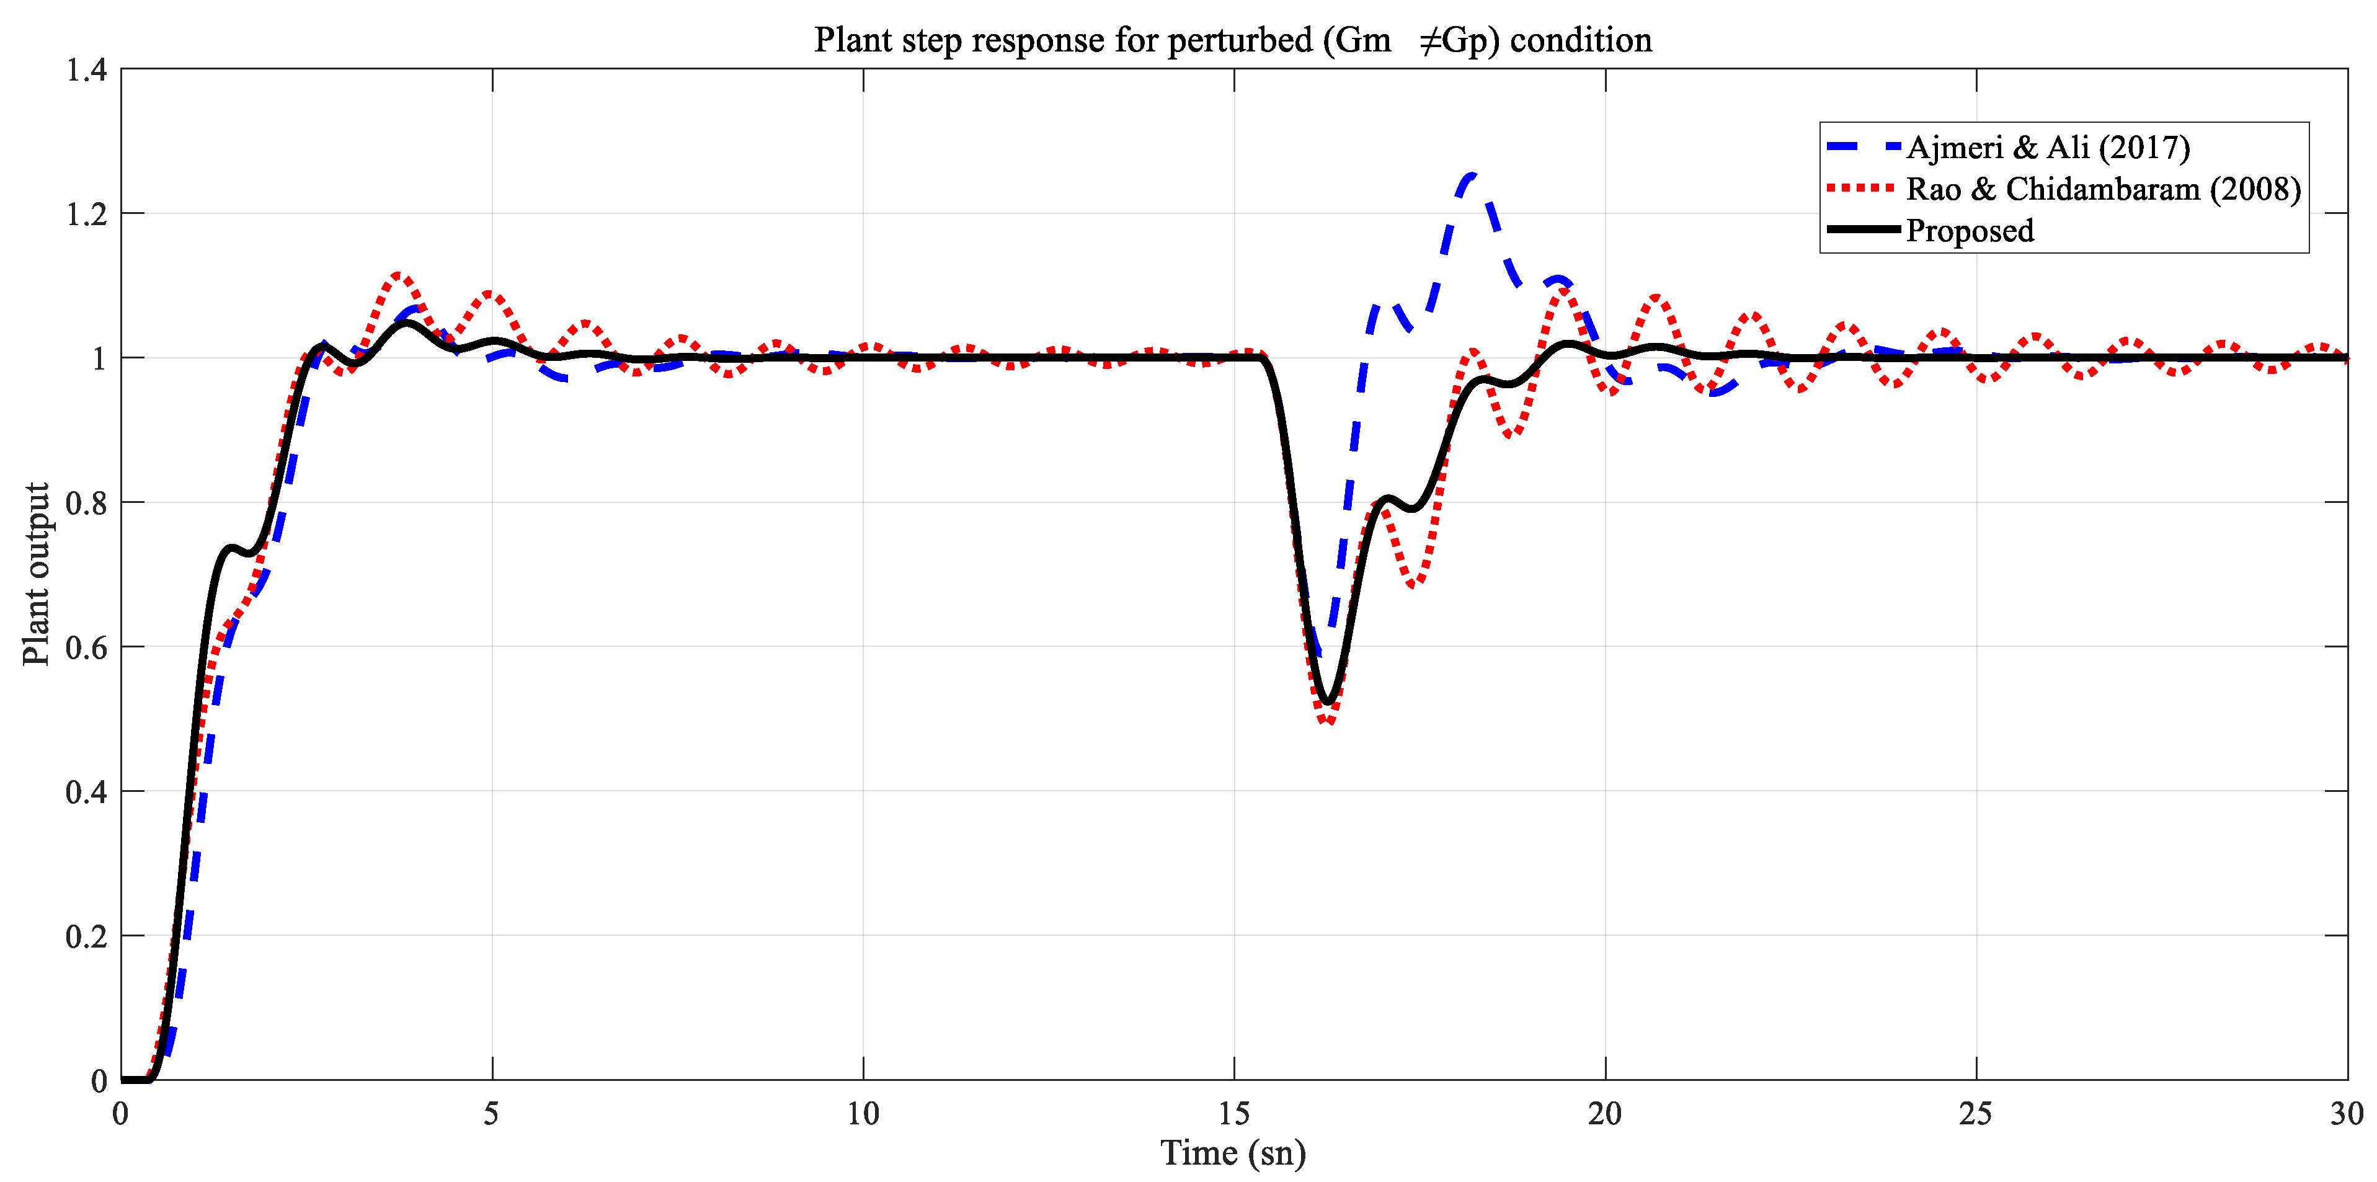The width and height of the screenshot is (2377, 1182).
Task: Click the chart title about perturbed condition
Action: [x=1233, y=40]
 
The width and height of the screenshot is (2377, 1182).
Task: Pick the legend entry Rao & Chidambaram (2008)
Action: [x=2103, y=189]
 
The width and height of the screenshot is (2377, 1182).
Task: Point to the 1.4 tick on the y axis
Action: [x=87, y=70]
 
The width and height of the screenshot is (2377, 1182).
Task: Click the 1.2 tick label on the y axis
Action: [x=87, y=214]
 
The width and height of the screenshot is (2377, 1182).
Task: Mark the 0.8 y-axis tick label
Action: [x=87, y=504]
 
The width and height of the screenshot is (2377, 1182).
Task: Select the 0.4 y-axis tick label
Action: [x=87, y=793]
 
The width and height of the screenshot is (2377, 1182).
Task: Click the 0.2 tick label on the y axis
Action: [x=87, y=936]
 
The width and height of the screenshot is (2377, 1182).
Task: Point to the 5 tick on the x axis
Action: [x=492, y=1114]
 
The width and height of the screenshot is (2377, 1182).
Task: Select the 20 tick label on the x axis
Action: [x=1606, y=1114]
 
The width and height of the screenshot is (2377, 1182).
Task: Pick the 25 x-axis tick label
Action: [x=1976, y=1114]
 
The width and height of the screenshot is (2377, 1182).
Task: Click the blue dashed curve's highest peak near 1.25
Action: [x=1472, y=176]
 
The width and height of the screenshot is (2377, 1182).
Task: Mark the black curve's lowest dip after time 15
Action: [x=1329, y=702]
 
